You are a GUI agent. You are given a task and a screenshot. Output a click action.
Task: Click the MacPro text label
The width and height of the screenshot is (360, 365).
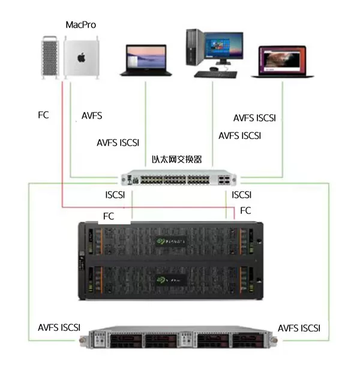(80, 25)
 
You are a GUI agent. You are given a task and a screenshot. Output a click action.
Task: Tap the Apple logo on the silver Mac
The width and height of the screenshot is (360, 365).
(80, 57)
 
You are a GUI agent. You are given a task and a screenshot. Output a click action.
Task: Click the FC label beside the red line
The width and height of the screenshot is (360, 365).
(43, 114)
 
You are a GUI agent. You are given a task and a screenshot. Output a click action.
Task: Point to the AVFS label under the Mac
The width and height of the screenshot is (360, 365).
(91, 116)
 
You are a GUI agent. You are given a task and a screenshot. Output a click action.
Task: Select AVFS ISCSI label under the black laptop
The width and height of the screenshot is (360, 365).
(118, 143)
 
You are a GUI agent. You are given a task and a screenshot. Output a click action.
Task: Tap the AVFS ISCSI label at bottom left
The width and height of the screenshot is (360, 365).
(59, 328)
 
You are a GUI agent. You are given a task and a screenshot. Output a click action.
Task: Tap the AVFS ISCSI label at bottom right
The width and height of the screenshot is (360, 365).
(299, 328)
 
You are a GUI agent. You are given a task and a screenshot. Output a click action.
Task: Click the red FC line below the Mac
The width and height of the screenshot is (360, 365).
(62, 150)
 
